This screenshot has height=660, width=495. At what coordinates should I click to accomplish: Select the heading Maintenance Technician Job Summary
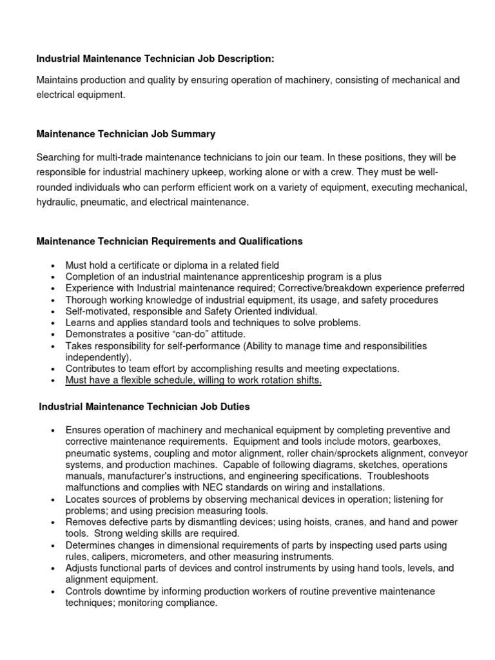(126, 134)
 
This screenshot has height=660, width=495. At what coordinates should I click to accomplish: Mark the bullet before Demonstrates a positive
(52, 335)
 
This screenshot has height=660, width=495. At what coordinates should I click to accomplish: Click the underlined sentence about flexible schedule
(193, 381)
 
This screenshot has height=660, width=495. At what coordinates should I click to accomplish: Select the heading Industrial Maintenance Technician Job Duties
(144, 407)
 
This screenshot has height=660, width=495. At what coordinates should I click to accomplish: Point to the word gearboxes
(416, 442)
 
